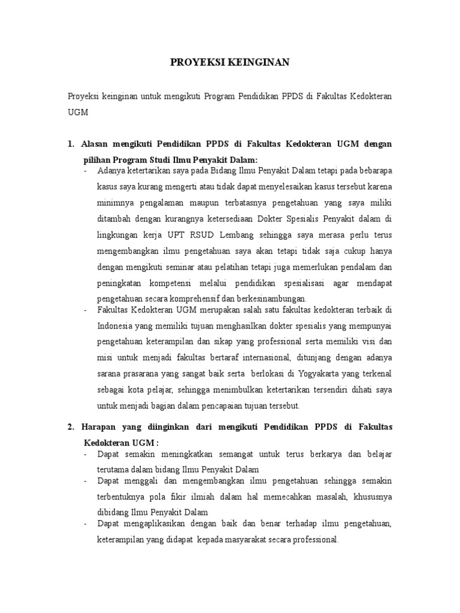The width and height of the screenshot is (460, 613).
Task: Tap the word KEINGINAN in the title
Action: click(x=258, y=62)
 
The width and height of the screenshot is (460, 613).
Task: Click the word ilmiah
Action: click(x=221, y=497)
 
